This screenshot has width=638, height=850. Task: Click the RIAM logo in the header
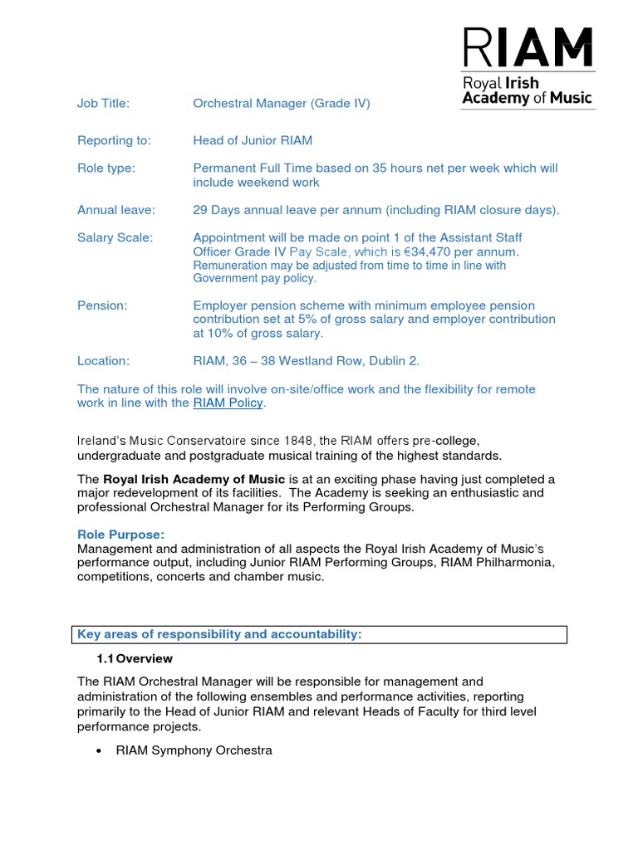coord(528,66)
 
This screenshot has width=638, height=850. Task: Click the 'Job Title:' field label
coord(104,104)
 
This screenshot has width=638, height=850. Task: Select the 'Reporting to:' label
coord(114,140)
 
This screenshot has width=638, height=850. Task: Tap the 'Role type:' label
coord(106,169)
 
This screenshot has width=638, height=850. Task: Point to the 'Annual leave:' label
coord(116,210)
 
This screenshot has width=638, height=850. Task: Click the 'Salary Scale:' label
coord(115,238)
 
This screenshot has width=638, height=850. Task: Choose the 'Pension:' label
coord(102,305)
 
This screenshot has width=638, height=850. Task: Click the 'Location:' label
coord(104,361)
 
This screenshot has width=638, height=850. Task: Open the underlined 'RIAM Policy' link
coord(228,403)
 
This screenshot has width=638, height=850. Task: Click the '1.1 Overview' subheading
coord(135,658)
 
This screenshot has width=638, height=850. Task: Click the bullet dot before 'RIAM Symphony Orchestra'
coord(100,751)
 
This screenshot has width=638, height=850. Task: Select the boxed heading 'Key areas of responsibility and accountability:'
coord(220,635)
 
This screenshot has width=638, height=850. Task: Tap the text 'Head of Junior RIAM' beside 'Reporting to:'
coord(253,140)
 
